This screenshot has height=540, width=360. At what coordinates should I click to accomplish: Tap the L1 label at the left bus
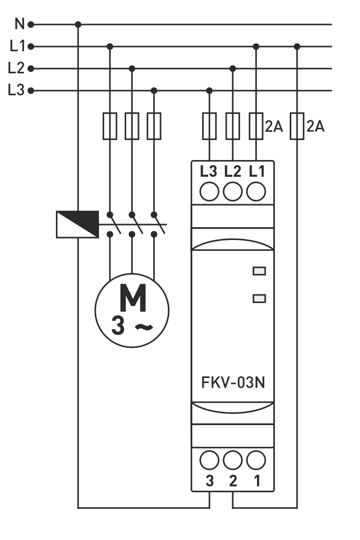[x=17, y=46]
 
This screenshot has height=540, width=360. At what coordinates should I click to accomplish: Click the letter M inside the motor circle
[x=132, y=298]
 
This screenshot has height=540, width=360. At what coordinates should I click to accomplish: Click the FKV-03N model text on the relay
[x=233, y=383]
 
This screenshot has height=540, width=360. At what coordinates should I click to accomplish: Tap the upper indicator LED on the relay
[x=259, y=271]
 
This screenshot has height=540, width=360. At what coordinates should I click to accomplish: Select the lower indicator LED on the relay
[x=259, y=298]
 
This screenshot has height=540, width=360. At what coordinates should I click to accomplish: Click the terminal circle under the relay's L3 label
[x=209, y=192]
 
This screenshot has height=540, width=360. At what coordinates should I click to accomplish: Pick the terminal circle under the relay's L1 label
[x=256, y=192]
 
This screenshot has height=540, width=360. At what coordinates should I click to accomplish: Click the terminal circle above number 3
[x=209, y=461]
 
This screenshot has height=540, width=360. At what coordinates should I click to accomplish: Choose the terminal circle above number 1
[x=256, y=461]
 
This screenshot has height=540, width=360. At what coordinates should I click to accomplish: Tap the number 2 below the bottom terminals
[x=233, y=481]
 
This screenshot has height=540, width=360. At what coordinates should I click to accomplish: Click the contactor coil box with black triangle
[x=77, y=225]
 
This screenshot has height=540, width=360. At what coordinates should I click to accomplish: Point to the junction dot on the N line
[x=78, y=24]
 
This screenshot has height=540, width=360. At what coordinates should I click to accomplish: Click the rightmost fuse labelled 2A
[x=297, y=126]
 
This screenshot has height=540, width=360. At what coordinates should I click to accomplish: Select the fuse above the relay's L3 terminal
[x=209, y=126]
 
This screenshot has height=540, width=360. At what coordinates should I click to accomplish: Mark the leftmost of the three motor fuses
[x=110, y=126]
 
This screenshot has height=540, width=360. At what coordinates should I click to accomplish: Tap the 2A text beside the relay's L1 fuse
[x=274, y=127]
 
